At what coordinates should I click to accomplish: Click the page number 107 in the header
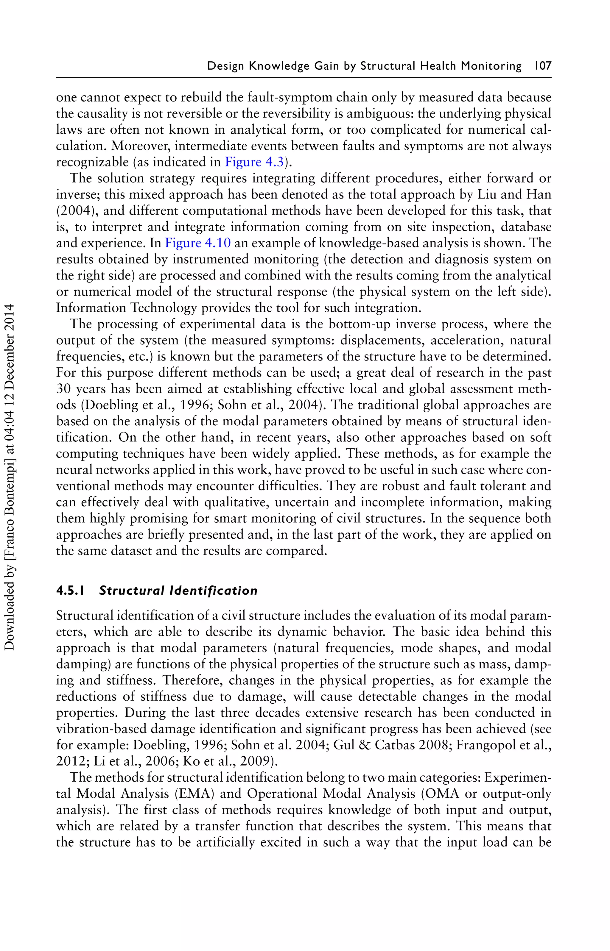[x=543, y=66]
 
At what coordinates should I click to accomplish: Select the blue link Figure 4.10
[x=198, y=243]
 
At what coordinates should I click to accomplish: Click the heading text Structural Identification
[x=178, y=591]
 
